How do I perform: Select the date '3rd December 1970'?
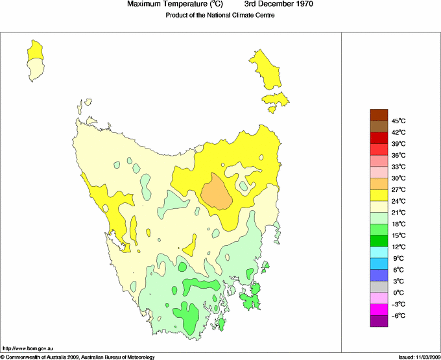[x=278, y=5]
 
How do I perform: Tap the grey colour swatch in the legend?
[x=379, y=287]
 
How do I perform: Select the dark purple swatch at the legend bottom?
[x=379, y=321]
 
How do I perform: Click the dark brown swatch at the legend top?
[x=379, y=115]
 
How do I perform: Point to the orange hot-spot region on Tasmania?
[x=217, y=193]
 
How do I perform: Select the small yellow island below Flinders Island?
[x=275, y=99]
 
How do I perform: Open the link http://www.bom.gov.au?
[x=28, y=349]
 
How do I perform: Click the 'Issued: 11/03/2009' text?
[x=416, y=356]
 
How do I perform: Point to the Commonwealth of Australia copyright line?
[x=78, y=356]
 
